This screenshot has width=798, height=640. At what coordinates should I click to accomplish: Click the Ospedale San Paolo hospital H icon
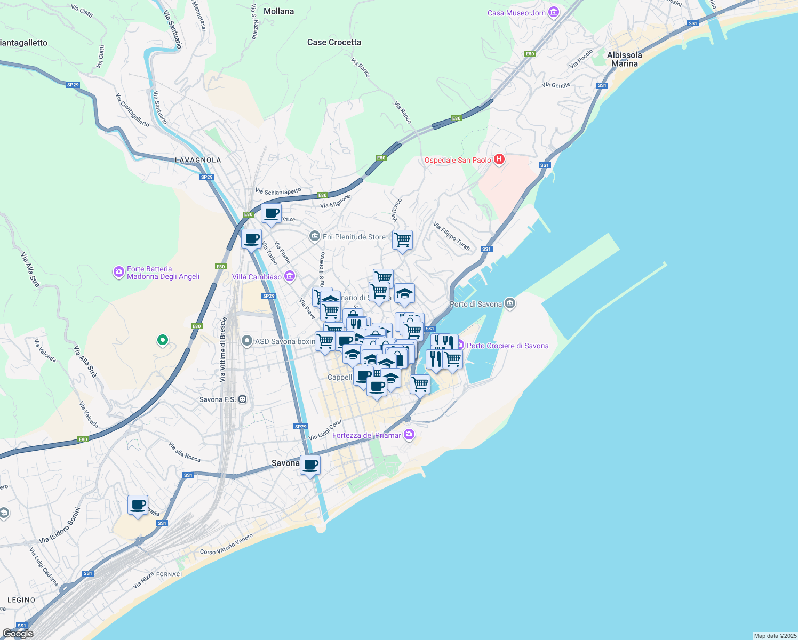499,159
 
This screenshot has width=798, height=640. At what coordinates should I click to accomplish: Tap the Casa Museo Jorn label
516,13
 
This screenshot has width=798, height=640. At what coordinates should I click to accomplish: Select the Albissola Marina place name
624,59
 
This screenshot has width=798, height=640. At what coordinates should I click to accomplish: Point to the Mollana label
278,11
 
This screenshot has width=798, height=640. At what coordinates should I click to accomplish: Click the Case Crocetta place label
334,42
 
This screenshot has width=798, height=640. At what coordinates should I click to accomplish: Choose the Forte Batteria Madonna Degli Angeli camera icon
118,272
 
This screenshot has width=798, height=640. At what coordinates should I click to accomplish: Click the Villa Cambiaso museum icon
290,276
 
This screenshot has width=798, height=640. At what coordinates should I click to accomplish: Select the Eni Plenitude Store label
354,237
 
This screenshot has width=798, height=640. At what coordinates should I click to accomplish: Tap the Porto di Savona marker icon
510,303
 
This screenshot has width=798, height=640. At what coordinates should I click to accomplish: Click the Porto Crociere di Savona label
507,346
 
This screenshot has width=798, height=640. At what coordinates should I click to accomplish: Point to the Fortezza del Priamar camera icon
409,435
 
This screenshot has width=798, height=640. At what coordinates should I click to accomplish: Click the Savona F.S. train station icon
243,399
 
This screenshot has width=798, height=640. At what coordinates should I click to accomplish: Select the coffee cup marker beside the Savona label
310,465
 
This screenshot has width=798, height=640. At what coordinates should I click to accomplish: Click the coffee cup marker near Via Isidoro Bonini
138,505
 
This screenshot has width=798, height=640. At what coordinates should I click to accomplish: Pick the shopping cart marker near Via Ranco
402,239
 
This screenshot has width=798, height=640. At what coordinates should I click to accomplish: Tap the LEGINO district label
21,600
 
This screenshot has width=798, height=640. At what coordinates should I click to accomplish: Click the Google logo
18,633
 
